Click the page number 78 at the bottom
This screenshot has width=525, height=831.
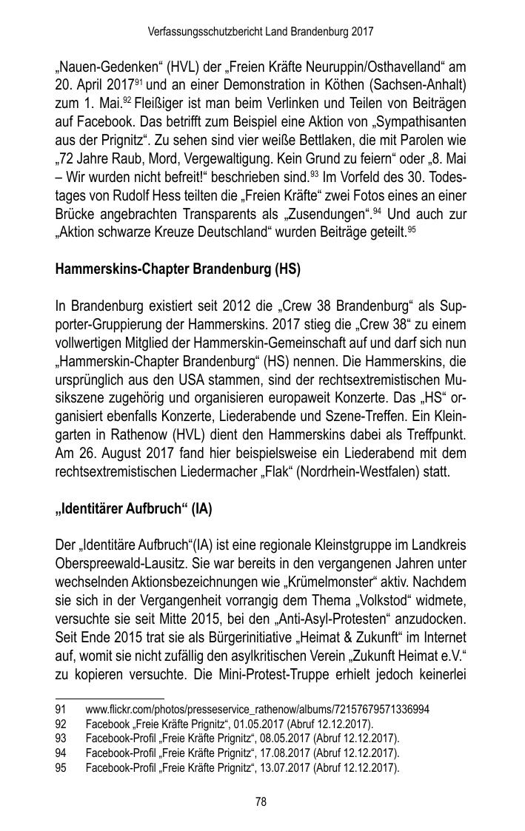[x=261, y=801]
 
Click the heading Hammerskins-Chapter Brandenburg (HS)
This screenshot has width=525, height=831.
[x=178, y=269]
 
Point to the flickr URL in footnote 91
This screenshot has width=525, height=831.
[x=257, y=710]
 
